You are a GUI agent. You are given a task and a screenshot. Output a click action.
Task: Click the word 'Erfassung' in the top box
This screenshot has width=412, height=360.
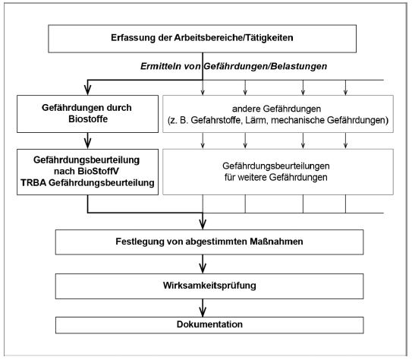134,38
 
